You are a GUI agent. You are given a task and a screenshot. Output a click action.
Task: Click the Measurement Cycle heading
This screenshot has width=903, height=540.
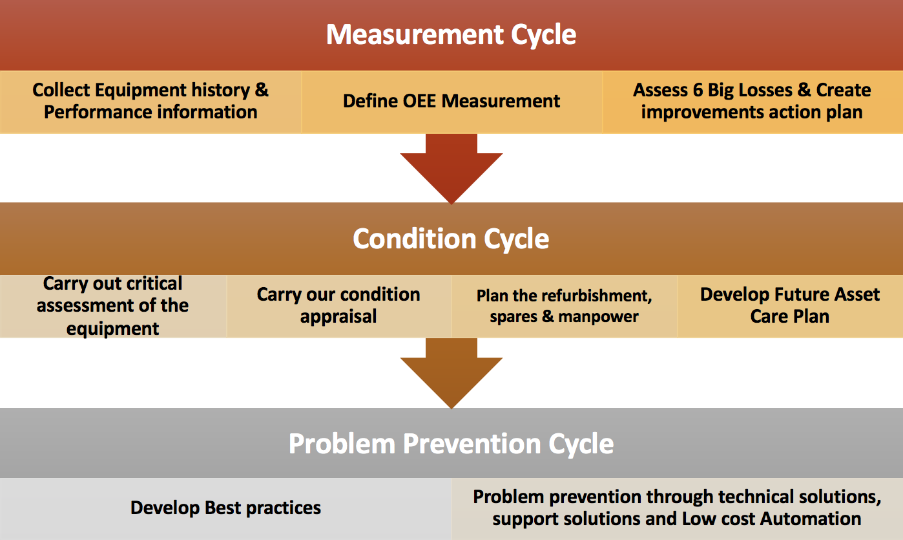click(451, 34)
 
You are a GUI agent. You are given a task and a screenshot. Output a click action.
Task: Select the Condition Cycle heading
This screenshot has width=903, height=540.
click(451, 239)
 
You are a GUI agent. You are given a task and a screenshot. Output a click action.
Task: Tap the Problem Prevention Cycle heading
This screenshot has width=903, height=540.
click(451, 444)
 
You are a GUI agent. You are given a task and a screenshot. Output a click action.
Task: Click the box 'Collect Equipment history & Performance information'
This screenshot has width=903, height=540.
click(150, 101)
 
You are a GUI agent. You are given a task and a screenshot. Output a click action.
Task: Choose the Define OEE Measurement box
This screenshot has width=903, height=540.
click(451, 101)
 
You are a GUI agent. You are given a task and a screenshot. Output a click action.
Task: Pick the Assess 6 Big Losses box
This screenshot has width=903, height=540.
click(752, 101)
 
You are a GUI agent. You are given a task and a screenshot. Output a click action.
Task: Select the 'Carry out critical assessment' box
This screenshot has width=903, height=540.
click(113, 306)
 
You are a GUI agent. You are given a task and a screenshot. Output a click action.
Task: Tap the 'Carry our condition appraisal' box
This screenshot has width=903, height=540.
click(338, 306)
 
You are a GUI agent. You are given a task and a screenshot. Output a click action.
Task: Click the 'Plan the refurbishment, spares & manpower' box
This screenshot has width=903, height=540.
click(564, 306)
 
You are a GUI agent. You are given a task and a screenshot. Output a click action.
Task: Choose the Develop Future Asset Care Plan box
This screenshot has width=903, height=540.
click(789, 306)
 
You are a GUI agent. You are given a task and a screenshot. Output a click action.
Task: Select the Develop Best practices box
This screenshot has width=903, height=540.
click(225, 508)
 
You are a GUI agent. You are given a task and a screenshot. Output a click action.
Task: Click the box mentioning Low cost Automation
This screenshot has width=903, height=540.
click(676, 508)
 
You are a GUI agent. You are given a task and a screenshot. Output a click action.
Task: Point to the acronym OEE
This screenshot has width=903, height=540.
click(416, 101)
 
